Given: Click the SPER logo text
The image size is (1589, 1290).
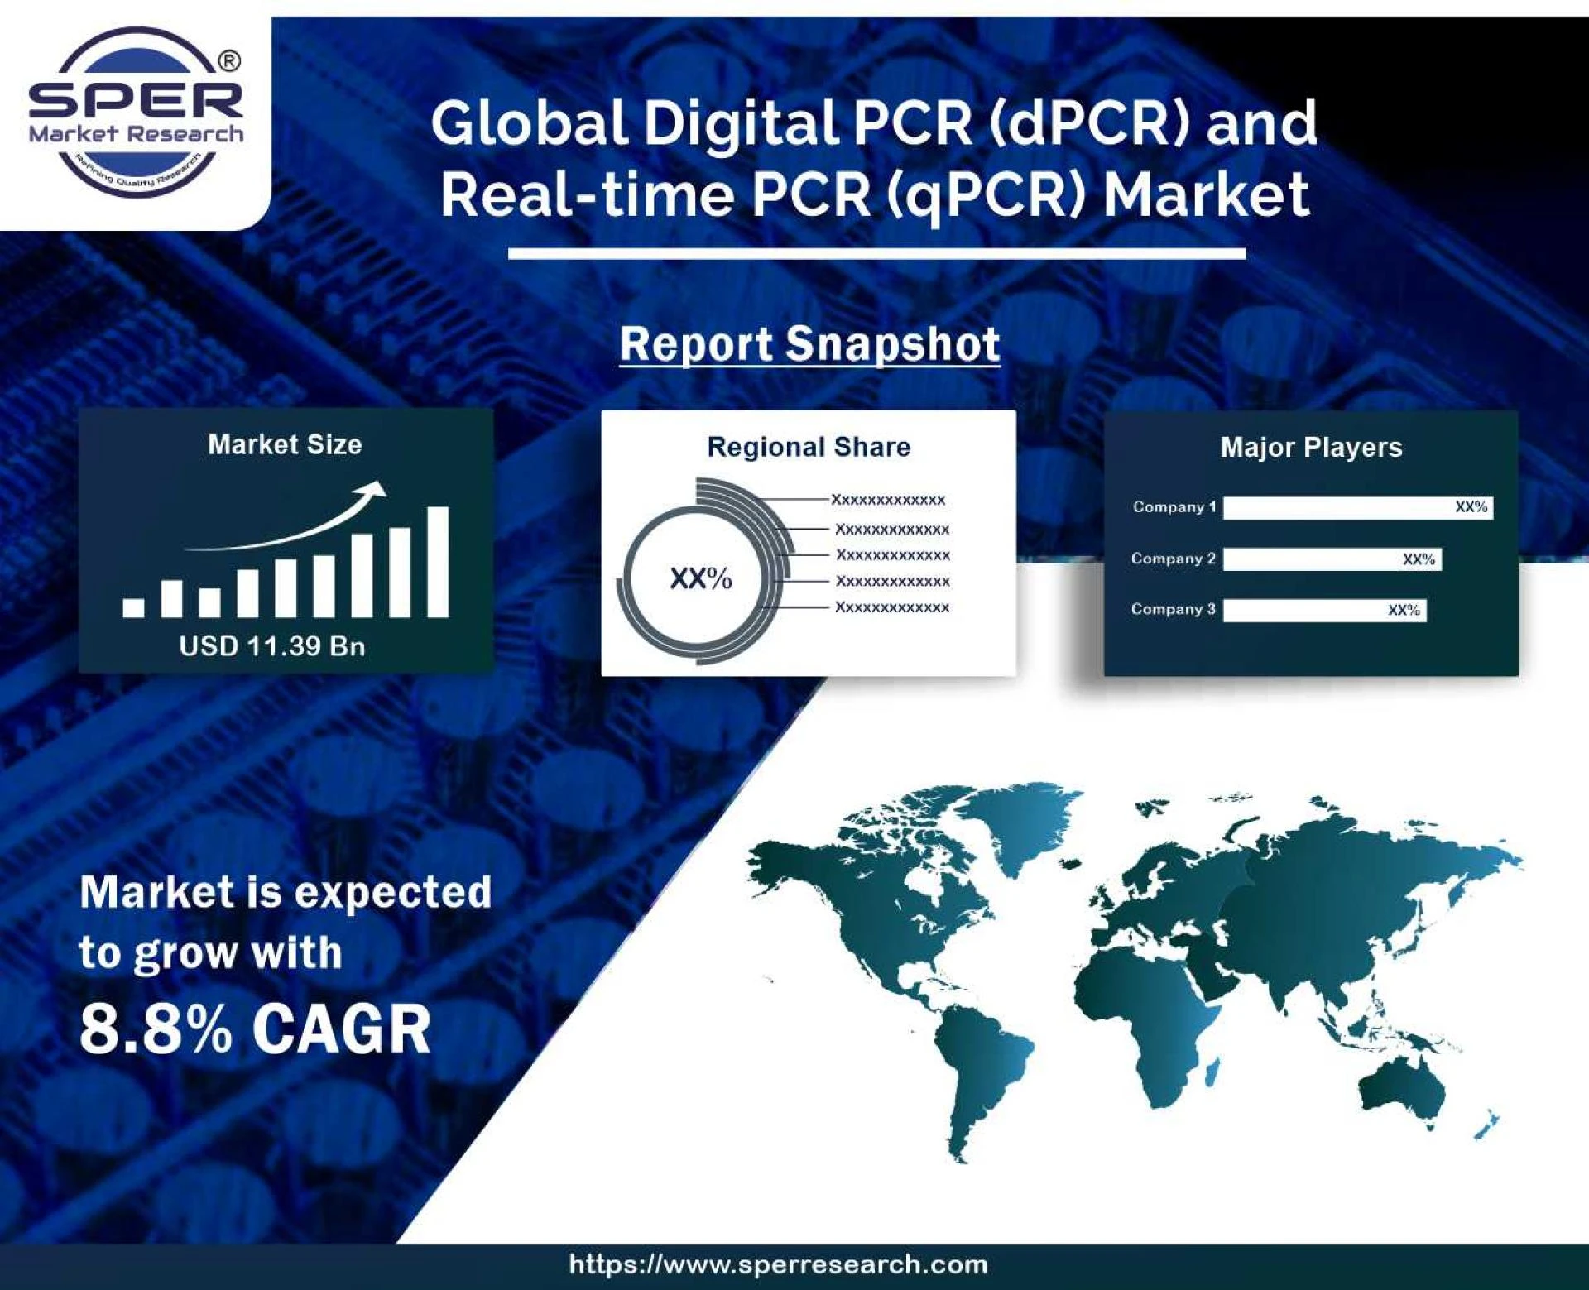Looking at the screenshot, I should [x=137, y=99].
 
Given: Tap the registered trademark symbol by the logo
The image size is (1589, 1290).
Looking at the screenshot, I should [x=230, y=61].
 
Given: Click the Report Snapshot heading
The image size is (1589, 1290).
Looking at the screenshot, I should [x=809, y=344].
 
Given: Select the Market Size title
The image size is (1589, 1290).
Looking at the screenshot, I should [x=285, y=444].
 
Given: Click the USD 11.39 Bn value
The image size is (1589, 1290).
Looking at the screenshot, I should [x=272, y=645].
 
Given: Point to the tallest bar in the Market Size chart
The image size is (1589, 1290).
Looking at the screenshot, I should [x=438, y=562].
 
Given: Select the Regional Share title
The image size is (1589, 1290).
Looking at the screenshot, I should [x=809, y=447].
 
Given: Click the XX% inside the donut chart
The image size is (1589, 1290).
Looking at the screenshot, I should [x=700, y=578].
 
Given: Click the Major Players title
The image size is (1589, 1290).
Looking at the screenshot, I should [x=1311, y=448].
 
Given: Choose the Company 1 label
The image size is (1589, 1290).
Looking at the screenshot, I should [x=1174, y=506].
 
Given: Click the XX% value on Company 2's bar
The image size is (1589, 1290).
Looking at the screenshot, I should [x=1419, y=559].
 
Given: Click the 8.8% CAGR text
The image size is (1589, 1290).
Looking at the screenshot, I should [x=255, y=1029].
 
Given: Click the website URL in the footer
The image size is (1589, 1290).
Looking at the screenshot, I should [x=778, y=1264].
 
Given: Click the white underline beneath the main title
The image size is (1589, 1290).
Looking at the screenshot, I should [x=876, y=253].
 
